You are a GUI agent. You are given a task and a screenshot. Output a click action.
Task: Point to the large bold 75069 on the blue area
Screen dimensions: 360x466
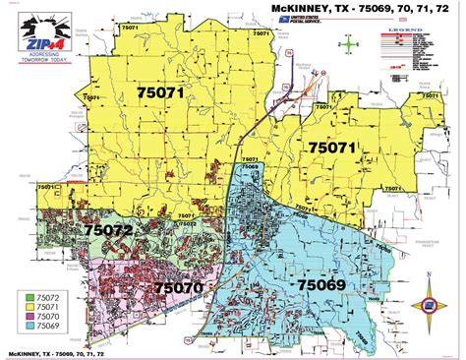321,284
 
